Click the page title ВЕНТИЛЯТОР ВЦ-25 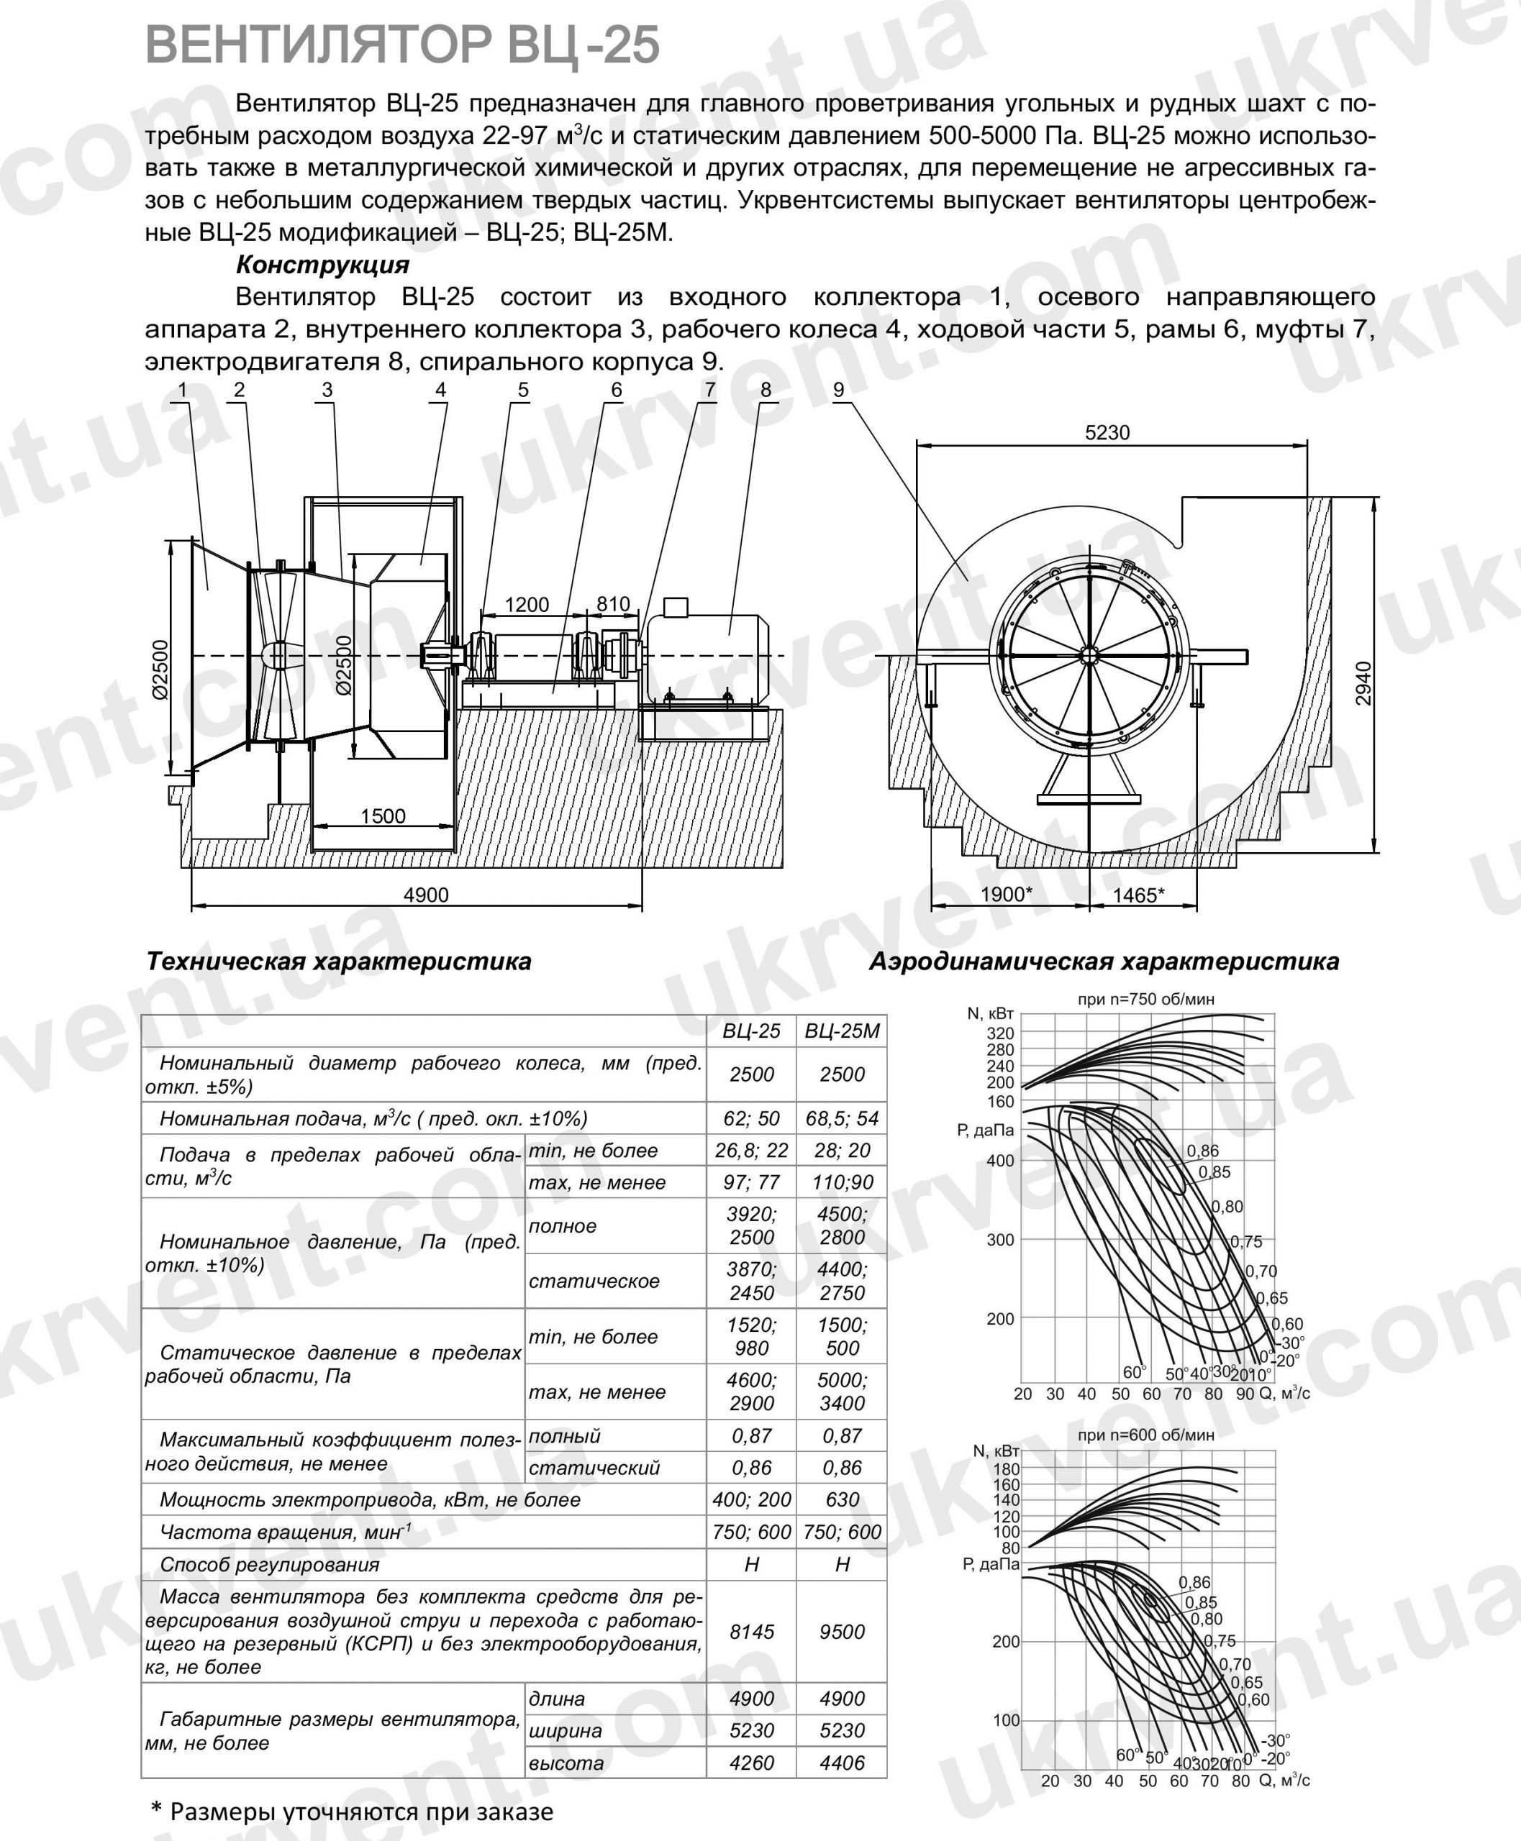pyautogui.click(x=402, y=45)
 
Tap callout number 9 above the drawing pyautogui.click(x=838, y=390)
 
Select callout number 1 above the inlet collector pyautogui.click(x=182, y=390)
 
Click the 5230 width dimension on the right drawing pyautogui.click(x=1107, y=433)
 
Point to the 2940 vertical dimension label pyautogui.click(x=1363, y=682)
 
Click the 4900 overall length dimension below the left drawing pyautogui.click(x=426, y=895)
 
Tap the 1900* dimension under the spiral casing pyautogui.click(x=1007, y=894)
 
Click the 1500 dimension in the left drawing pyautogui.click(x=383, y=816)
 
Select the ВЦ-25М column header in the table pyautogui.click(x=841, y=1031)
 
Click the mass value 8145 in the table pyautogui.click(x=751, y=1632)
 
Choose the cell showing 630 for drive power pyautogui.click(x=841, y=1499)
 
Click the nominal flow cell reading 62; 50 pyautogui.click(x=751, y=1118)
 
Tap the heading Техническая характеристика pyautogui.click(x=338, y=961)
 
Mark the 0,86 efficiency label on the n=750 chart pyautogui.click(x=1202, y=1151)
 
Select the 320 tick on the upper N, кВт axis pyautogui.click(x=999, y=1033)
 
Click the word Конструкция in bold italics pyautogui.click(x=322, y=265)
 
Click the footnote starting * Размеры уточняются pyautogui.click(x=353, y=1812)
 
